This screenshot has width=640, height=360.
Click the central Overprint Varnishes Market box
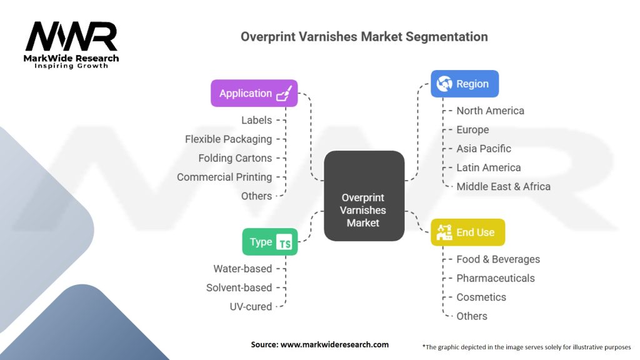click(363, 196)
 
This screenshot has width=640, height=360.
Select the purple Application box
click(254, 93)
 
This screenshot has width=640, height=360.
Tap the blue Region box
click(464, 84)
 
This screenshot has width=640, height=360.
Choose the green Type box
click(269, 242)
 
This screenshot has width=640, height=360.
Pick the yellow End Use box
click(467, 232)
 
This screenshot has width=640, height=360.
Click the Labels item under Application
click(256, 120)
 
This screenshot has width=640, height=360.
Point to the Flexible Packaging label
click(228, 139)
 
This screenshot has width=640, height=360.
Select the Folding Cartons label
click(235, 158)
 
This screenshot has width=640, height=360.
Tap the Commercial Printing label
click(224, 177)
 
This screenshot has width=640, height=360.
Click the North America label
click(490, 111)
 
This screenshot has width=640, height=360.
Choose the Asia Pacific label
click(484, 149)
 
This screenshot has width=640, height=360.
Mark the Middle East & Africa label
click(503, 186)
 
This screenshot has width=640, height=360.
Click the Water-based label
click(242, 269)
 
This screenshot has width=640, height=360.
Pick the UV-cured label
click(250, 306)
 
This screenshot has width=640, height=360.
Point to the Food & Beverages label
click(498, 259)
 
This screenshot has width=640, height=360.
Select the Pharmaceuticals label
click(496, 278)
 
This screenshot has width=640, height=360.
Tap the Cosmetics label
click(481, 297)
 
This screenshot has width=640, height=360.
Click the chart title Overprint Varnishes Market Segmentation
click(364, 37)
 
